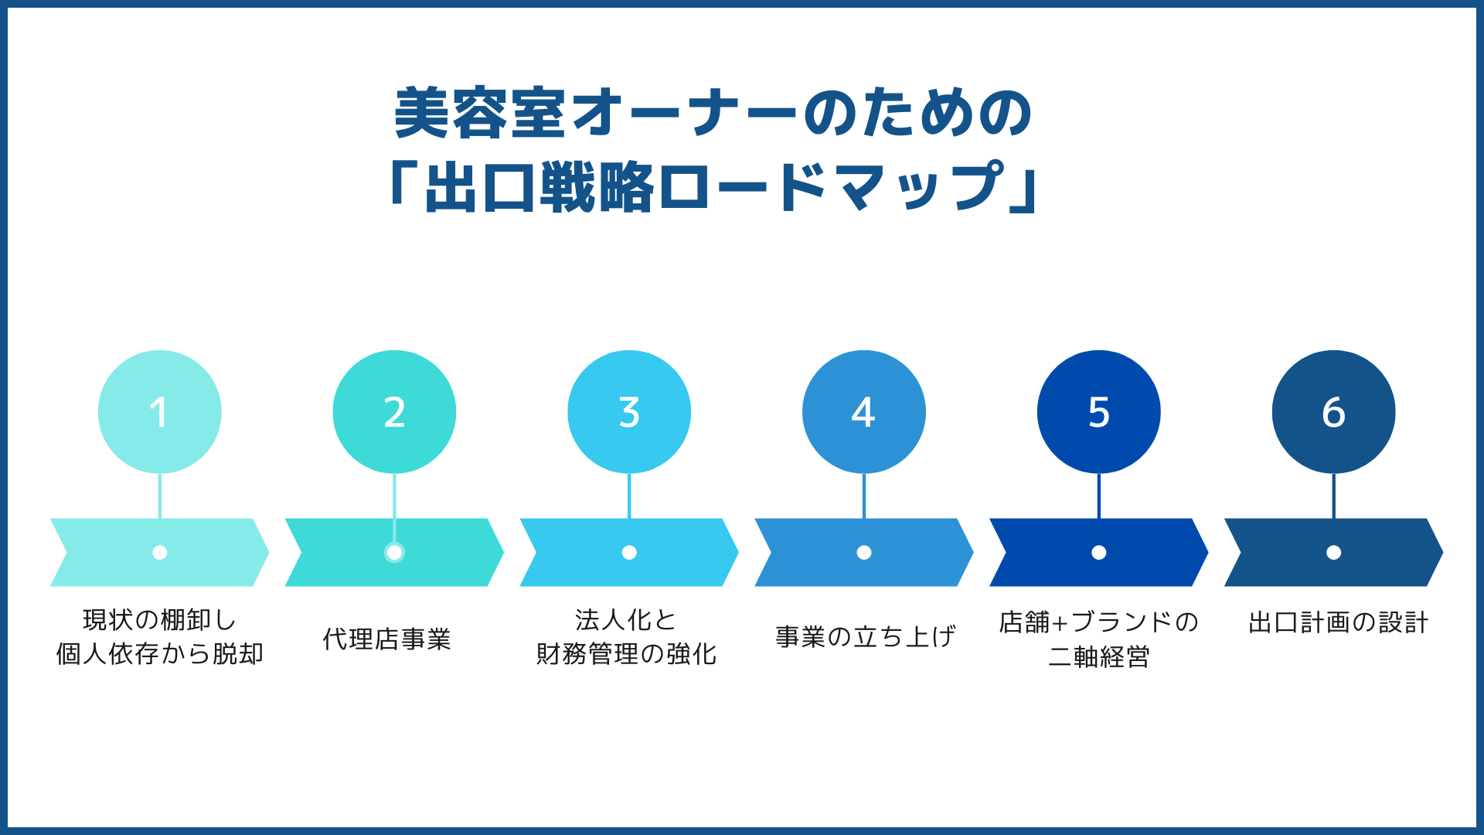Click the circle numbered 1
click(159, 412)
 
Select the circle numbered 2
click(394, 412)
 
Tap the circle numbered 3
click(629, 412)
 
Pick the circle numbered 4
click(864, 412)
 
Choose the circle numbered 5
click(1098, 412)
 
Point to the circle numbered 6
click(1333, 412)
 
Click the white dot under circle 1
click(159, 552)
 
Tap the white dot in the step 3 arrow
click(629, 552)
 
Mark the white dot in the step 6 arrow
click(1333, 552)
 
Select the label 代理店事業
click(386, 639)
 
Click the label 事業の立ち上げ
click(865, 637)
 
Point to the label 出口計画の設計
click(1338, 622)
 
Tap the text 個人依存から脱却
click(159, 654)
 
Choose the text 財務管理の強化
click(626, 654)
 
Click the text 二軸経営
click(1098, 656)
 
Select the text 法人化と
click(625, 620)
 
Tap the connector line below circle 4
click(864, 496)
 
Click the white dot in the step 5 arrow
click(1098, 552)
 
